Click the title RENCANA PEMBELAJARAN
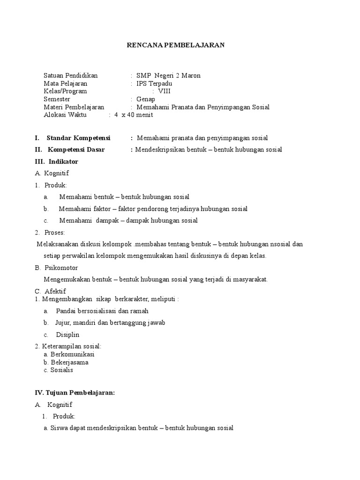pyautogui.click(x=176, y=45)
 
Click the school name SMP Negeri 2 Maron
pyautogui.click(x=168, y=75)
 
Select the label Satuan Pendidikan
pyautogui.click(x=70, y=75)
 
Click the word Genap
pyautogui.click(x=145, y=99)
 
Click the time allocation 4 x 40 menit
pyautogui.click(x=134, y=115)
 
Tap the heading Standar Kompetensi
pyautogui.click(x=78, y=138)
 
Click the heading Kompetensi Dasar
pyautogui.click(x=76, y=150)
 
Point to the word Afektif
pyautogui.click(x=55, y=291)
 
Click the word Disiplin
pyautogui.click(x=68, y=335)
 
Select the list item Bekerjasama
pyautogui.click(x=69, y=362)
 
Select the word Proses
pyautogui.click(x=54, y=232)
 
